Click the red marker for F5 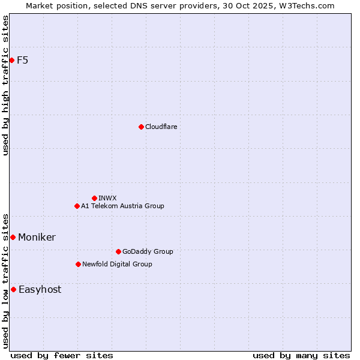click(11, 60)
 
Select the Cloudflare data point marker click(141, 127)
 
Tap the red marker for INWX click(94, 198)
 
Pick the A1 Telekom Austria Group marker click(77, 206)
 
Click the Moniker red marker click(13, 237)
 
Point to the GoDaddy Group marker click(118, 251)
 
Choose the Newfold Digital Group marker click(78, 264)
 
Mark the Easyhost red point click(13, 289)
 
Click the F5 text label click(22, 60)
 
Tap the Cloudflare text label click(161, 127)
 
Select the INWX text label click(107, 198)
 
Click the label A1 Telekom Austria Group click(122, 206)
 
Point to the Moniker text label click(37, 237)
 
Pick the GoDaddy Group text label click(147, 251)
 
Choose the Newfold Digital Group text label click(117, 264)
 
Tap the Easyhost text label click(40, 289)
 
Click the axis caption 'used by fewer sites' click(62, 355)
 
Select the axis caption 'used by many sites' click(301, 355)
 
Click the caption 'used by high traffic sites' click(5, 85)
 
